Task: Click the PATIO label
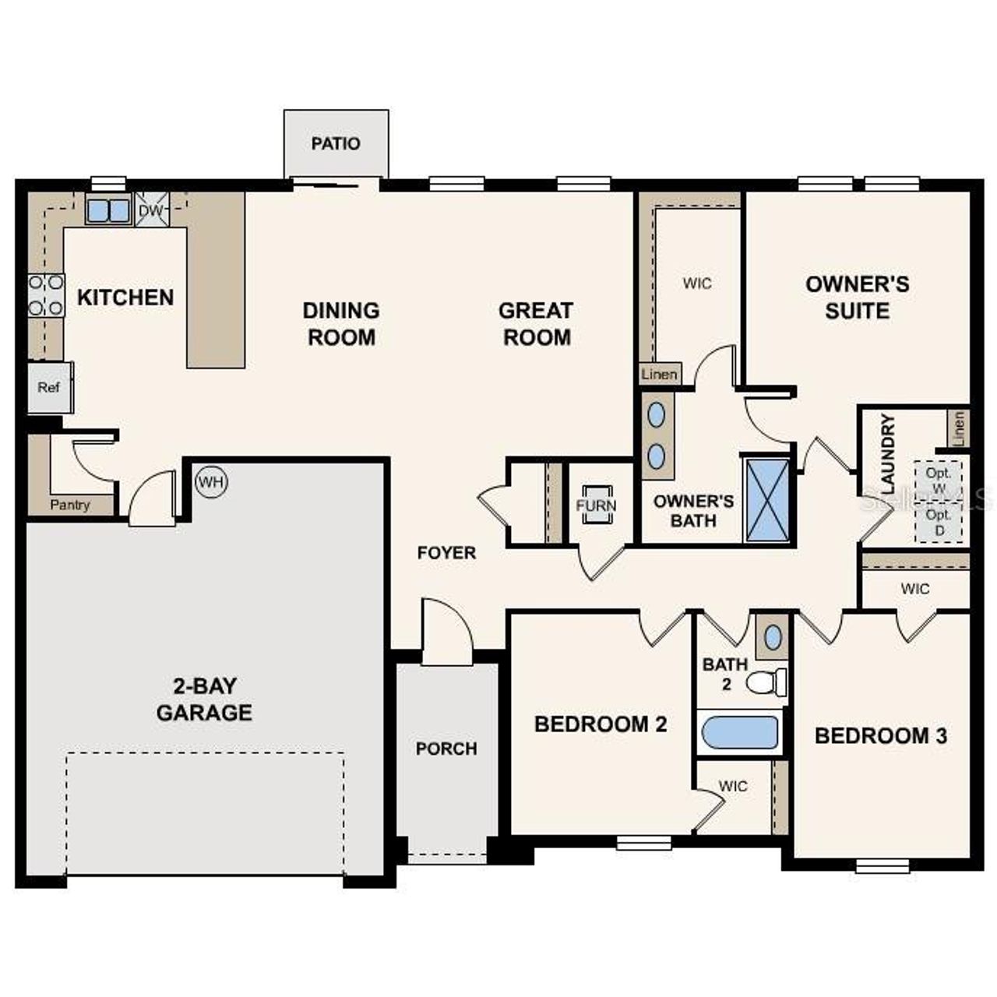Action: pyautogui.click(x=336, y=144)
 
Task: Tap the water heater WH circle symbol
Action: pyautogui.click(x=211, y=482)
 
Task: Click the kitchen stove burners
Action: pyautogui.click(x=46, y=295)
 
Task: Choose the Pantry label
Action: pyautogui.click(x=70, y=505)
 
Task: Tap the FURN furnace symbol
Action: pyautogui.click(x=596, y=505)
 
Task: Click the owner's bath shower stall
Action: pyautogui.click(x=766, y=498)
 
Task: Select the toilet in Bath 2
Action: pyautogui.click(x=766, y=683)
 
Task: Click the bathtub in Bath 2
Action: pyautogui.click(x=740, y=732)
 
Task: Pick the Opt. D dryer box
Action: pyautogui.click(x=939, y=523)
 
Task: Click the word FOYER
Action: pyautogui.click(x=446, y=553)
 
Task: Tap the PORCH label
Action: pyautogui.click(x=446, y=749)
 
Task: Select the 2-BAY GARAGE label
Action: pyautogui.click(x=204, y=699)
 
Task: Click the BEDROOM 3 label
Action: pyautogui.click(x=881, y=736)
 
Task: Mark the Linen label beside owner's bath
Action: pyautogui.click(x=660, y=375)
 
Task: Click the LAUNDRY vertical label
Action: pyautogui.click(x=887, y=454)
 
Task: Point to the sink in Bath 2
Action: pyautogui.click(x=773, y=637)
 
